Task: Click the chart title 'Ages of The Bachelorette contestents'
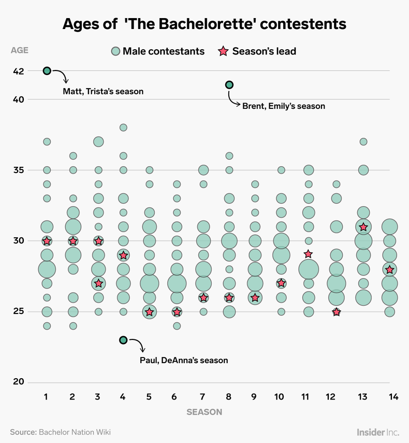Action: (204, 24)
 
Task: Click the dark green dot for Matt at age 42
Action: (47, 71)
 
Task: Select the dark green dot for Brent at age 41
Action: (229, 85)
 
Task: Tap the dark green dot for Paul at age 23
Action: (123, 340)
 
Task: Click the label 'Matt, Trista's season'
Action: (103, 91)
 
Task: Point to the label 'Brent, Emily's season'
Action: (283, 106)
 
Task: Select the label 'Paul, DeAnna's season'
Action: (183, 360)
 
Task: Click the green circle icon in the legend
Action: (115, 51)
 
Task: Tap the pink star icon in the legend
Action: (224, 51)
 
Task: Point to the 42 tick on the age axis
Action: (18, 71)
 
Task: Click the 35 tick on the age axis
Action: (18, 170)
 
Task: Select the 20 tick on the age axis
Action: (18, 382)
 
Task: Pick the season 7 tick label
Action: (203, 396)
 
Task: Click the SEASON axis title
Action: (204, 412)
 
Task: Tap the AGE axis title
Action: (20, 51)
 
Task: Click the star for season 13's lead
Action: (363, 227)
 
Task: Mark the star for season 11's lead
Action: (308, 254)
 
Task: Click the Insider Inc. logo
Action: (378, 432)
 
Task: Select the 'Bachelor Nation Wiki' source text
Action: (75, 432)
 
